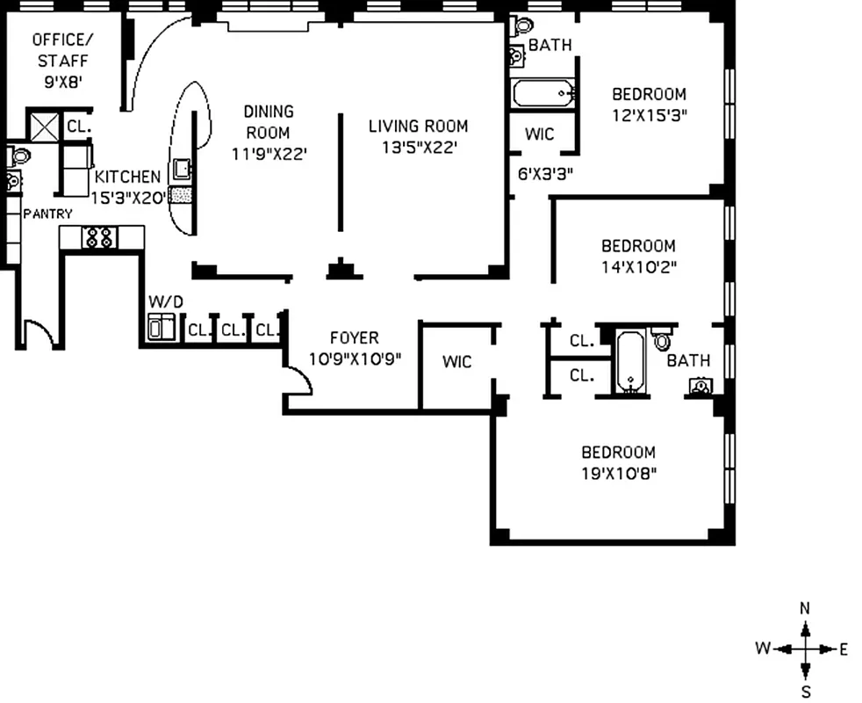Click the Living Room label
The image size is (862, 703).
coord(418,126)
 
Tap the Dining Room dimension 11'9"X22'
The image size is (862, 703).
coord(268,154)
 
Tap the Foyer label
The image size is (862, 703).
coord(355,337)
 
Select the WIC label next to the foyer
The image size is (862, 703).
coord(456,361)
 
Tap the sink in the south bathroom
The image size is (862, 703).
coord(700,386)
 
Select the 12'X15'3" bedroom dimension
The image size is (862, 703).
coord(649,114)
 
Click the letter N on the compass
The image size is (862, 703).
coord(805,608)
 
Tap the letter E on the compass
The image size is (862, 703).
coord(844,650)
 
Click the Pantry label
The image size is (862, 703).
coord(47,214)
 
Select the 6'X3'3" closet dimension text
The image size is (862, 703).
coord(545,174)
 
